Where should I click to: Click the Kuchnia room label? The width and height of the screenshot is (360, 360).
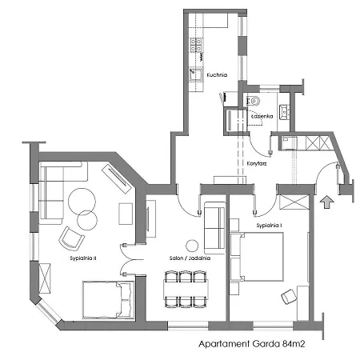(217, 75)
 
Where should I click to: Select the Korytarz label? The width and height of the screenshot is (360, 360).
(257, 162)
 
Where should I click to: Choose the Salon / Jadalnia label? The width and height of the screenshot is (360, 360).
(185, 259)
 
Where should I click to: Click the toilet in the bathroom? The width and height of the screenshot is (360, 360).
(253, 102)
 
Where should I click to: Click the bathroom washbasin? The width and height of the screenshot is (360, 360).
(283, 110)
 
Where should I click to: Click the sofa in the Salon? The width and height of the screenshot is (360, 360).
(214, 226)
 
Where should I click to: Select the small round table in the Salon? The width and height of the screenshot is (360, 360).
(191, 246)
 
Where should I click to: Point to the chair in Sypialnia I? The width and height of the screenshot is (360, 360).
(287, 298)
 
